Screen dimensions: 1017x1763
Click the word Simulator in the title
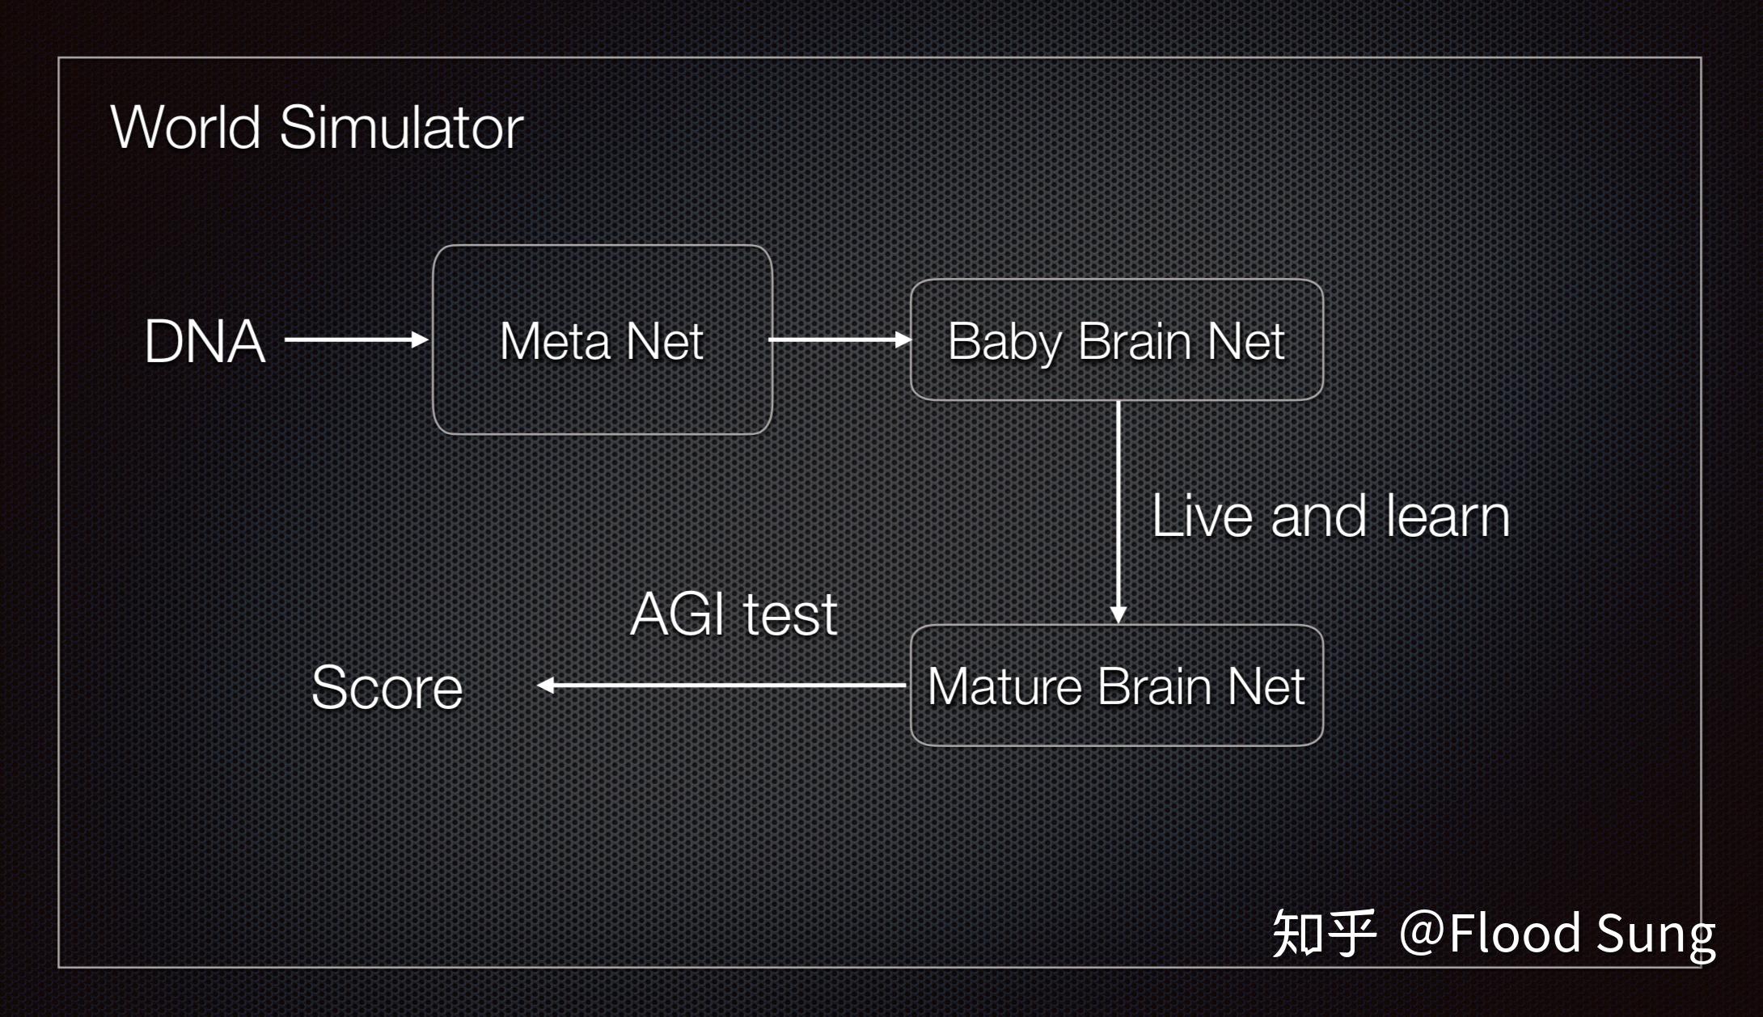401,128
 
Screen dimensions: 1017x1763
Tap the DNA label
205,341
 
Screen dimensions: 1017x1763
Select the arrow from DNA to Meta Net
356,340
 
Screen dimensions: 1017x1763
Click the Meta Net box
602,340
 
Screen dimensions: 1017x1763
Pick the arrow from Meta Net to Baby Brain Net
839,340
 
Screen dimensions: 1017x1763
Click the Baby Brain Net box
1117,340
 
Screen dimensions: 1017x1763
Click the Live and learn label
1330,516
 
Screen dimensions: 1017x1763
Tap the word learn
1448,516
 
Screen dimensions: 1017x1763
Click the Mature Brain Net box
1117,686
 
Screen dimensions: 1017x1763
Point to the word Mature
1004,686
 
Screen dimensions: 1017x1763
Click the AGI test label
734,614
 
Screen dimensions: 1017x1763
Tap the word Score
387,688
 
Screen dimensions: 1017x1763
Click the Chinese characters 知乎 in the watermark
1324,932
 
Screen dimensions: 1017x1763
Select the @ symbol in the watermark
1422,932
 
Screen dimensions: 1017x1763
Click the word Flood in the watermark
1514,932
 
